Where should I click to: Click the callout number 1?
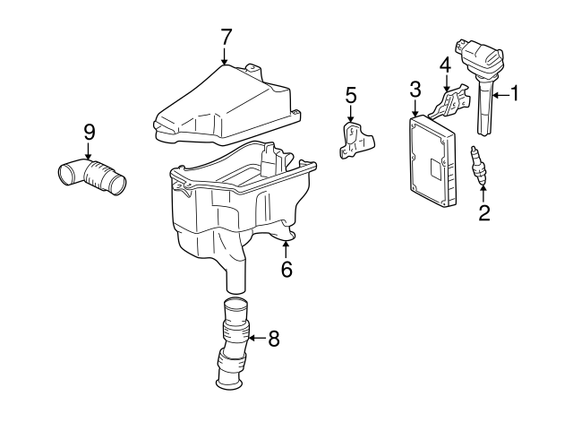pos(514,92)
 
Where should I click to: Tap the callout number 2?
pos(484,212)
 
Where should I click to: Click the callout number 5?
pos(351,94)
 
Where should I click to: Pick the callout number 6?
pos(286,268)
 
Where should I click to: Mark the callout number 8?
pos(273,338)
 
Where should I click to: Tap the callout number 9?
pos(89,131)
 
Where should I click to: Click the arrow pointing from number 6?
pos(286,248)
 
